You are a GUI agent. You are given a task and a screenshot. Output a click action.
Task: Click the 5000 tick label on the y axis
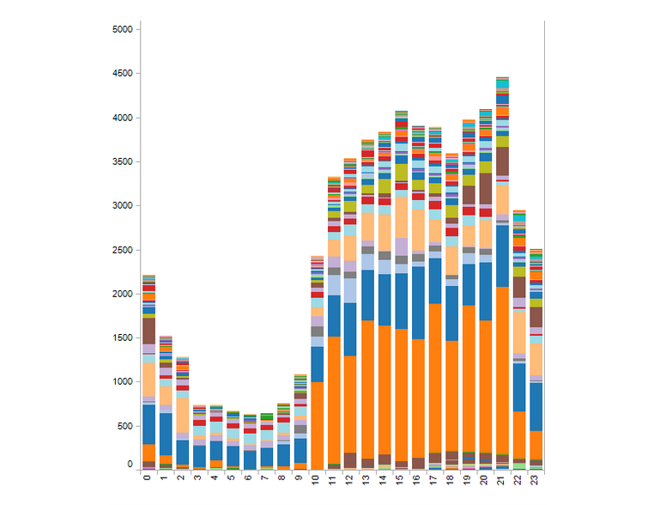[123, 29]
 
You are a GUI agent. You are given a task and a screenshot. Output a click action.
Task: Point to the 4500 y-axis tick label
[123, 74]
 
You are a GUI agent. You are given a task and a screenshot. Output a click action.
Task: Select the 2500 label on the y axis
[123, 250]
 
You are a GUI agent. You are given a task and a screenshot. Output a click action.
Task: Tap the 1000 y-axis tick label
[123, 382]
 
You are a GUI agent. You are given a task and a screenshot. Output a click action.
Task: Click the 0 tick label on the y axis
[130, 465]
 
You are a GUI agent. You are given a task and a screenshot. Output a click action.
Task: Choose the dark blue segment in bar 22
[519, 387]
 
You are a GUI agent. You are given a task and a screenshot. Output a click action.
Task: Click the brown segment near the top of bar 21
[502, 161]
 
